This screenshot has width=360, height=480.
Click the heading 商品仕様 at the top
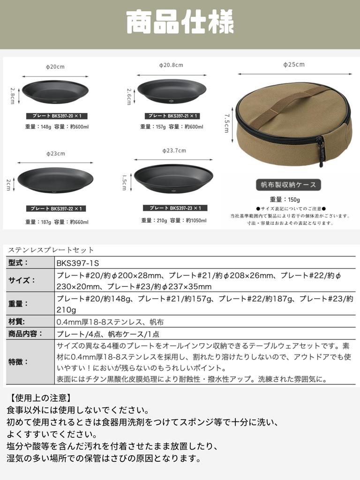(x=180, y=23)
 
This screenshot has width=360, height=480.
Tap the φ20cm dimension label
(x=55, y=67)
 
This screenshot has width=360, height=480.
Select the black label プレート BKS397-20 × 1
(x=57, y=116)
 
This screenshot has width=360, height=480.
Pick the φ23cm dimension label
(x=55, y=153)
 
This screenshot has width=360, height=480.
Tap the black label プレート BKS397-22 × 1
(x=56, y=209)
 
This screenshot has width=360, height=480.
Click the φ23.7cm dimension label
(x=174, y=150)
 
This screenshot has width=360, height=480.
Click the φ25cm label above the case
(x=294, y=64)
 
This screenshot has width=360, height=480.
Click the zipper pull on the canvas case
(x=322, y=152)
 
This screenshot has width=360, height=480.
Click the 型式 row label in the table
(x=19, y=263)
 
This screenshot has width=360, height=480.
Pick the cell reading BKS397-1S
(x=78, y=263)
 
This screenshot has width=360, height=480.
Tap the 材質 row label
(x=17, y=322)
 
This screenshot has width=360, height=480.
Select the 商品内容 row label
(x=25, y=334)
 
